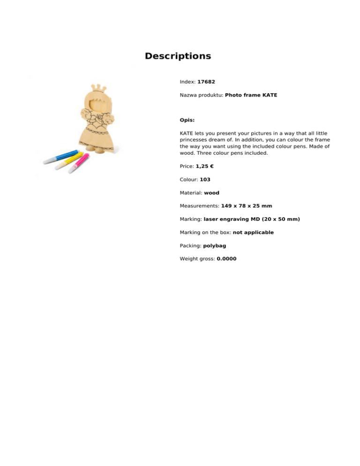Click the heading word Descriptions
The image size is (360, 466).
178,56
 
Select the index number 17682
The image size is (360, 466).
206,82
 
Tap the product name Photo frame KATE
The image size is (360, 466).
251,95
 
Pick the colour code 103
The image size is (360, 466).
205,180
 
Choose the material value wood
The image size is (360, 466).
211,193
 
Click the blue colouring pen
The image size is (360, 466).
60,157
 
